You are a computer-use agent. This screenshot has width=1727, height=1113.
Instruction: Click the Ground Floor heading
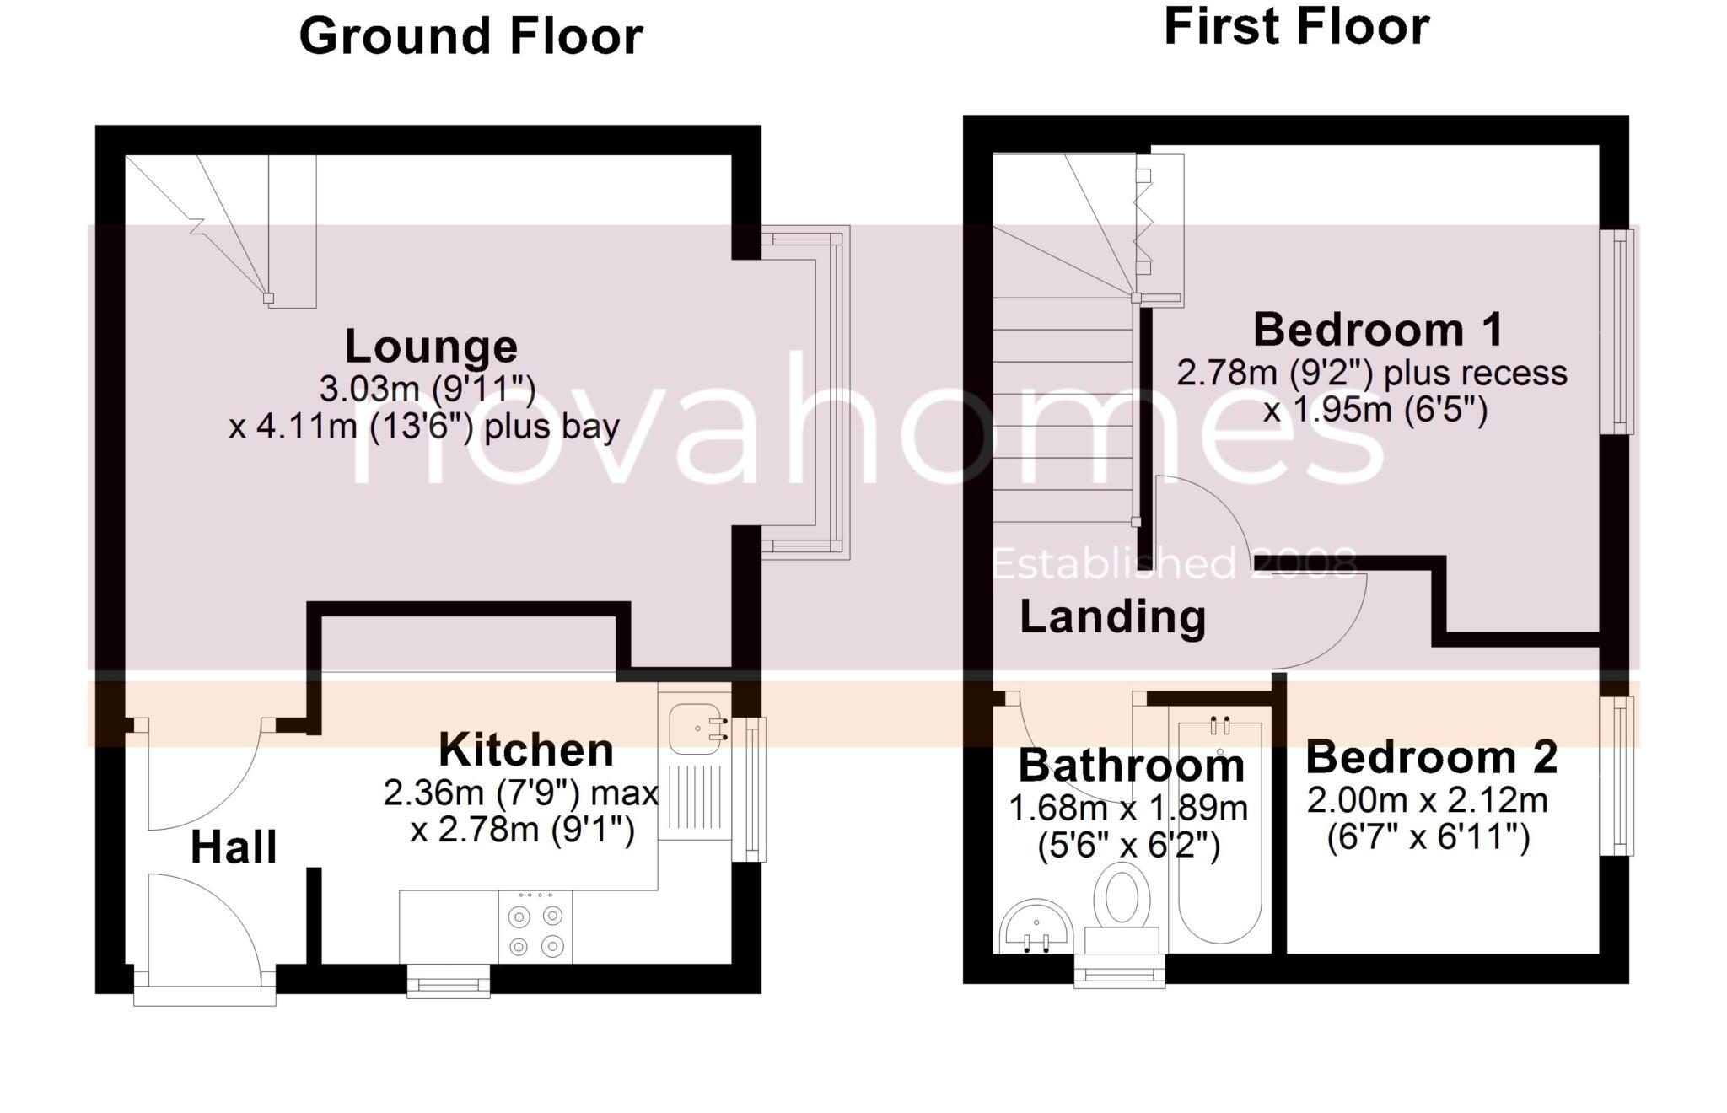click(471, 37)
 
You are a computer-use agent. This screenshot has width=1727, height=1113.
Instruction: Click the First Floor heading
click(1296, 27)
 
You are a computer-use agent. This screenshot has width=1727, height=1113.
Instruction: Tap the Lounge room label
click(431, 347)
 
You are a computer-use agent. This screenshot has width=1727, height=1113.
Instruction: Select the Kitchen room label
click(526, 750)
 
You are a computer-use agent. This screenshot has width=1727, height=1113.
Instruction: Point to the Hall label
click(234, 847)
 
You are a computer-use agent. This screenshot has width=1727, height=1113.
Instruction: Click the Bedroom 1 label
click(1378, 330)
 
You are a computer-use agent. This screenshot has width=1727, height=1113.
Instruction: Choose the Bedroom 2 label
click(1431, 757)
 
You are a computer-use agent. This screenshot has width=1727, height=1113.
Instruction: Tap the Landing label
click(1112, 616)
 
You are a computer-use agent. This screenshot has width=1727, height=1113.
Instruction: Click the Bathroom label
click(1131, 766)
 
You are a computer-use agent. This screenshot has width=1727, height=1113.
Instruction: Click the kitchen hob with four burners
click(535, 927)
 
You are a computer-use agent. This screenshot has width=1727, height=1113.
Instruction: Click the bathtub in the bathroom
click(1219, 831)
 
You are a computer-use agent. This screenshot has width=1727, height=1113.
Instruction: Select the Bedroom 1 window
click(1617, 331)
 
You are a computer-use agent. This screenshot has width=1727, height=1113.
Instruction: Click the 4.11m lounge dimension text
click(423, 427)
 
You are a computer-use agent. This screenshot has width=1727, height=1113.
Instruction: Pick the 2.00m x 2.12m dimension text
click(1427, 800)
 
